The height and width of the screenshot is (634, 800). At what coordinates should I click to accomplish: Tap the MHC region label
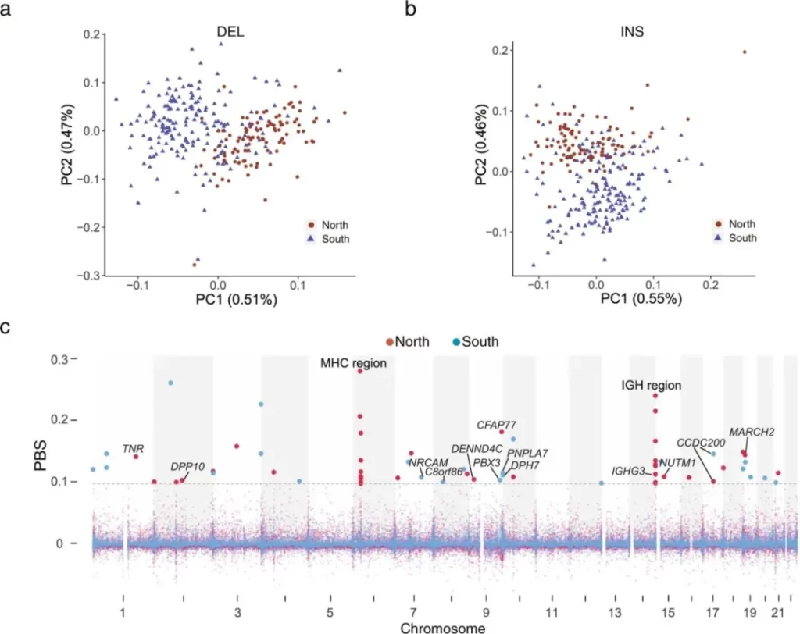point(354,364)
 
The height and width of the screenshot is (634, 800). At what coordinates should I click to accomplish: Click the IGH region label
point(652,386)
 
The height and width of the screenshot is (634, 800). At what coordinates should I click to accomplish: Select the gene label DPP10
point(187,467)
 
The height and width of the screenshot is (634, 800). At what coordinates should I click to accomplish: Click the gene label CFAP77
point(497,426)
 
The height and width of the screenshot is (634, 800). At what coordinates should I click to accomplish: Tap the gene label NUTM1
point(677,463)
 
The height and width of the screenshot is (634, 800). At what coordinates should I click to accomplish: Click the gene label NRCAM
point(429,462)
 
